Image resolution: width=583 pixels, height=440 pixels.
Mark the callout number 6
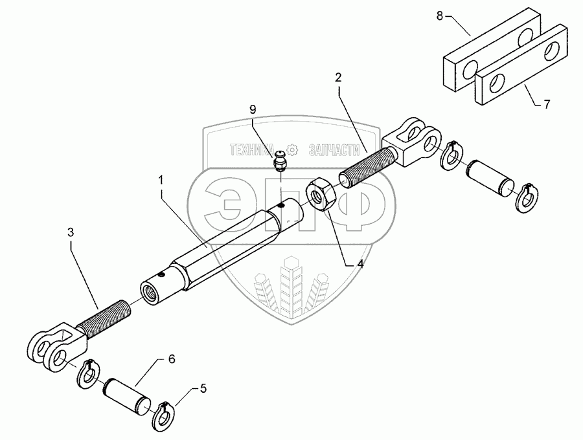[x=172, y=358]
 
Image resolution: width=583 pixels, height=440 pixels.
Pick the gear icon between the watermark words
[x=292, y=150]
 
